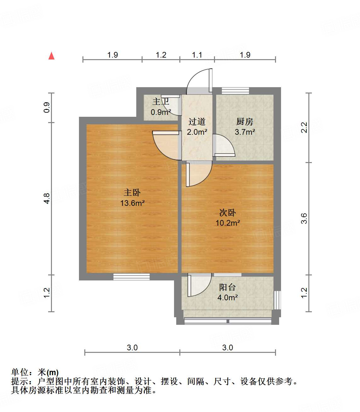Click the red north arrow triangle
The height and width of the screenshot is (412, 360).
51,56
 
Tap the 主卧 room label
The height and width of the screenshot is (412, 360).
132,192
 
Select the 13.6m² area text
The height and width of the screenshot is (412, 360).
132,203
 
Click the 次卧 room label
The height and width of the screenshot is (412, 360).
228,212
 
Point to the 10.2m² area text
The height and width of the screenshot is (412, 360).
228,223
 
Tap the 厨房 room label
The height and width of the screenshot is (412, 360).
245,121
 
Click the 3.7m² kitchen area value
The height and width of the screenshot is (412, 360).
245,132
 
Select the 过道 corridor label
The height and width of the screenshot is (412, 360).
197,121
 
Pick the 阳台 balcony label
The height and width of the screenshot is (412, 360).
227,287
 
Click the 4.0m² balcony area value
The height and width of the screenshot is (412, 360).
227,297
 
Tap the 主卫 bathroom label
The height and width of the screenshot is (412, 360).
160,101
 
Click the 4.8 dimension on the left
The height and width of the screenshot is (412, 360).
47,198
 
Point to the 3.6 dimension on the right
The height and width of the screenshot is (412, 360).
304,218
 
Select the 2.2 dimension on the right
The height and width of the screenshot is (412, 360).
304,127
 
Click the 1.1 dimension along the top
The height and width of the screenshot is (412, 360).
197,55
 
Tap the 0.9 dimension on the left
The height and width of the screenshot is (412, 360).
47,108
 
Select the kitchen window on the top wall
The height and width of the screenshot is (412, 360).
235,91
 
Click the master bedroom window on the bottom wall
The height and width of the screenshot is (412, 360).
132,277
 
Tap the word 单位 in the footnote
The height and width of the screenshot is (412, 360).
20,373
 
